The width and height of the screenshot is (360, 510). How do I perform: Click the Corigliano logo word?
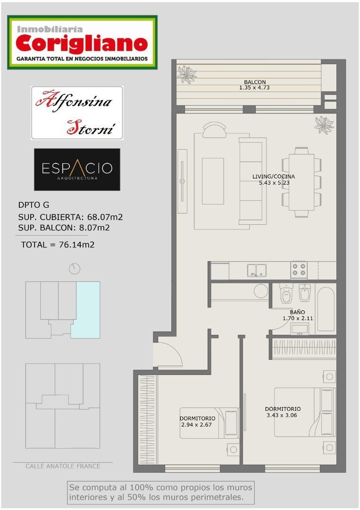(x=82, y=44)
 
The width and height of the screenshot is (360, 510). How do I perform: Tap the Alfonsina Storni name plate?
(x=77, y=113)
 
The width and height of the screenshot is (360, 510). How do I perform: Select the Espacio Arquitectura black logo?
(x=77, y=170)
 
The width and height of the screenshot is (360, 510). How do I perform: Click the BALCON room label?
(x=255, y=82)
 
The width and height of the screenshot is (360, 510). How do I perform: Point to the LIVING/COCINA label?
(x=274, y=177)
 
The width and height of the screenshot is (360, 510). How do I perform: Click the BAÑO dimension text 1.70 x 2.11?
(x=297, y=318)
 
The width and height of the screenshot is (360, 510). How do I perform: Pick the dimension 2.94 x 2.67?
(x=197, y=425)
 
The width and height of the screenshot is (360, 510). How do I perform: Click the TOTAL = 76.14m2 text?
(x=58, y=245)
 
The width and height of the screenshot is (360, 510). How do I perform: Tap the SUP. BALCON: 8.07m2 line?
(x=64, y=228)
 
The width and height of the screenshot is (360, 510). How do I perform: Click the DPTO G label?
(x=33, y=205)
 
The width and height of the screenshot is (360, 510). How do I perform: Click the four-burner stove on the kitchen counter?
(x=299, y=270)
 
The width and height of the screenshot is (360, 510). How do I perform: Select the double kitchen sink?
(x=256, y=270)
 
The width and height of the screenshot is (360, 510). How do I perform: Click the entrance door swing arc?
(x=168, y=353)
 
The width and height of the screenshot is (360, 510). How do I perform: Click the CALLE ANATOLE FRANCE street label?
(x=63, y=466)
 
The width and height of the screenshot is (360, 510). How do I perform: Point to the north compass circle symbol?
(x=74, y=269)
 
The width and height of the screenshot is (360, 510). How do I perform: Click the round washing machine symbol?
(x=261, y=290)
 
